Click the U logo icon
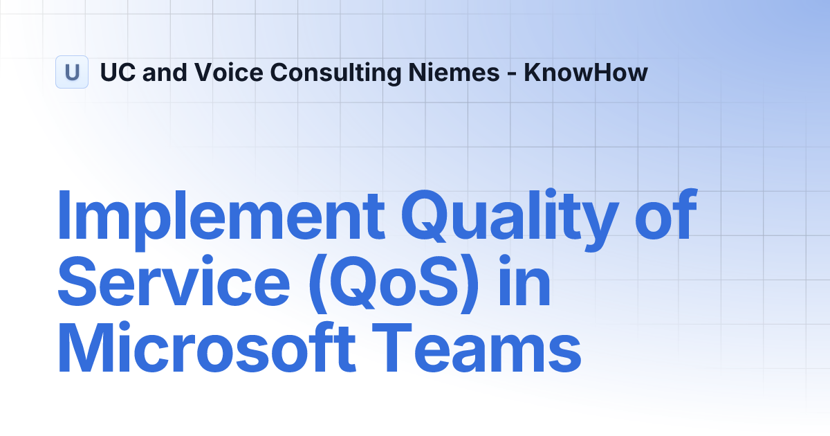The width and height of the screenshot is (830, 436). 72,72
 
